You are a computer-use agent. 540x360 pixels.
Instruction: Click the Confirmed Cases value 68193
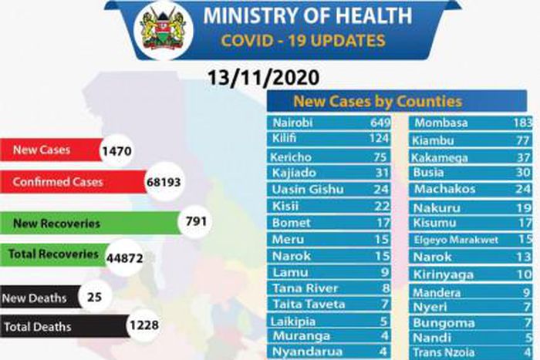[167, 183]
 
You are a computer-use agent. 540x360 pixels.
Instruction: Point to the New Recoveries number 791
[197, 223]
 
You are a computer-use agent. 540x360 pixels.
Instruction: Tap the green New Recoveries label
[57, 224]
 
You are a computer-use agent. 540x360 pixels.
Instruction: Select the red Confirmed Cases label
[58, 183]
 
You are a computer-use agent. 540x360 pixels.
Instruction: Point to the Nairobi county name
[294, 123]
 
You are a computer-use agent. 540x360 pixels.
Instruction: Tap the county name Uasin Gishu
[307, 189]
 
